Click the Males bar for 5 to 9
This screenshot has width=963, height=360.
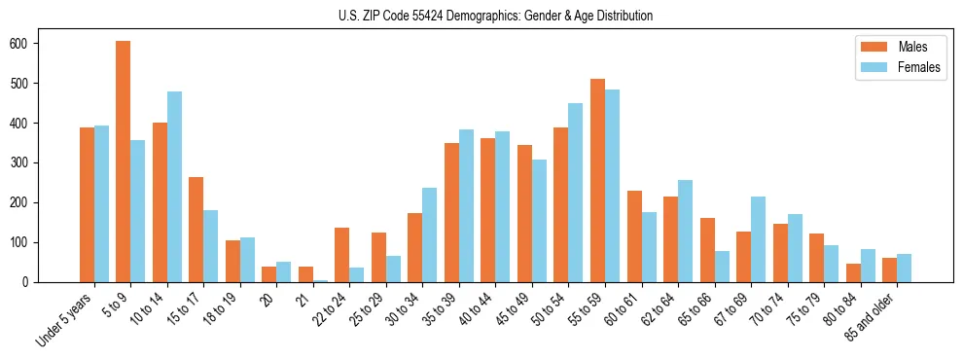[124, 162]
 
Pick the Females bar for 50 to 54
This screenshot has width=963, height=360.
[576, 193]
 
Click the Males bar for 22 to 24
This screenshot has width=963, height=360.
[342, 255]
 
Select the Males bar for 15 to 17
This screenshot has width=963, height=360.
[196, 230]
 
